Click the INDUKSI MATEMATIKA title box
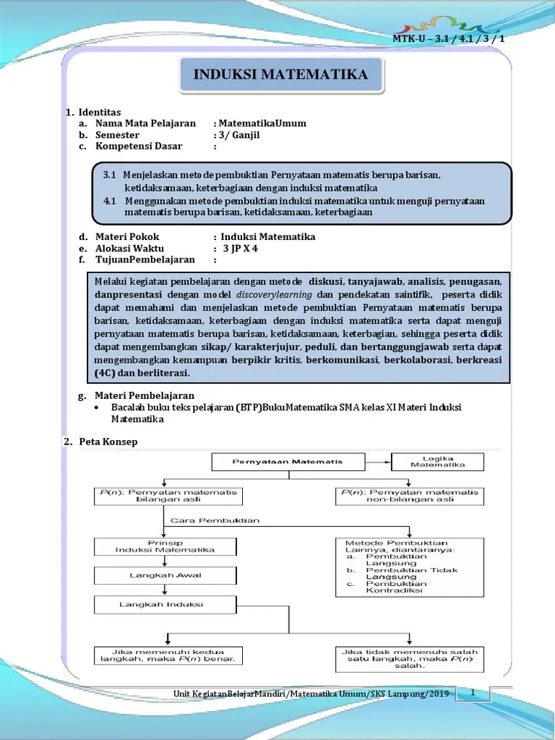point(280,75)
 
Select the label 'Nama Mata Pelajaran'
point(150,124)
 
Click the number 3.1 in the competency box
point(109,175)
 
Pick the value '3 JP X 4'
point(240,248)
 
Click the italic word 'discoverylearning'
point(277,295)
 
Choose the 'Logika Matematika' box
point(438,461)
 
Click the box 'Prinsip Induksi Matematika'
point(165,546)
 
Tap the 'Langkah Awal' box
point(165,575)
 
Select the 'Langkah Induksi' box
point(165,604)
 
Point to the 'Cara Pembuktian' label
point(205,520)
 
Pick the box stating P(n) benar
point(168,655)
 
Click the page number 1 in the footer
point(472,693)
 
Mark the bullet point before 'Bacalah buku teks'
point(98,408)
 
